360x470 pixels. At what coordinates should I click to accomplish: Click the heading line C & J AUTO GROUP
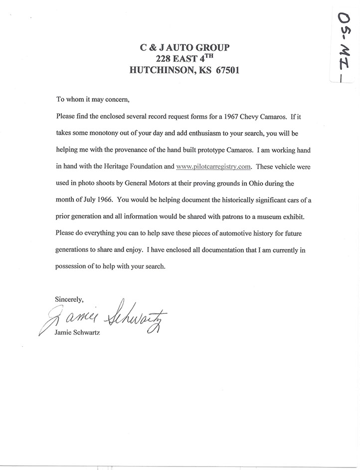(184, 48)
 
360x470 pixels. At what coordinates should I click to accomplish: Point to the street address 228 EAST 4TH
(184, 59)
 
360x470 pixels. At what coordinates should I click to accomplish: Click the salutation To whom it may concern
(93, 99)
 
